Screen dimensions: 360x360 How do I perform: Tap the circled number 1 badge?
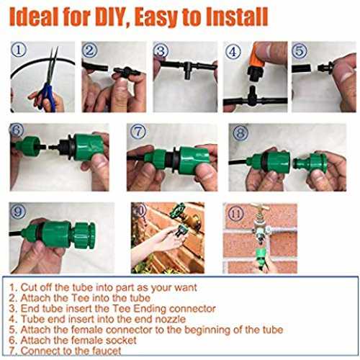tap(19, 50)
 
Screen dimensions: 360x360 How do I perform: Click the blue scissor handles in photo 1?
tap(48, 96)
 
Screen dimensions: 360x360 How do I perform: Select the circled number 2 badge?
tap(89, 50)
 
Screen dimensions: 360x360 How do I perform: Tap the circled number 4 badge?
tap(233, 51)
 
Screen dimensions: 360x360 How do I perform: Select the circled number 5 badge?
tap(300, 51)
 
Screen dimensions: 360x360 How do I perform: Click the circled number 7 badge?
tap(138, 132)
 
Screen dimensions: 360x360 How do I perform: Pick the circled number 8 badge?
tap(240, 133)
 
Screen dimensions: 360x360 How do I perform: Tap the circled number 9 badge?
tap(18, 212)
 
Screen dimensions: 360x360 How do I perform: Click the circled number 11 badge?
tap(235, 213)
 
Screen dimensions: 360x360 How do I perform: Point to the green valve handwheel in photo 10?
tap(177, 210)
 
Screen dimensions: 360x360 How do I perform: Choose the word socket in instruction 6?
tap(121, 341)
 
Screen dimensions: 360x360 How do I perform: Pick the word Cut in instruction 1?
tap(29, 287)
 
